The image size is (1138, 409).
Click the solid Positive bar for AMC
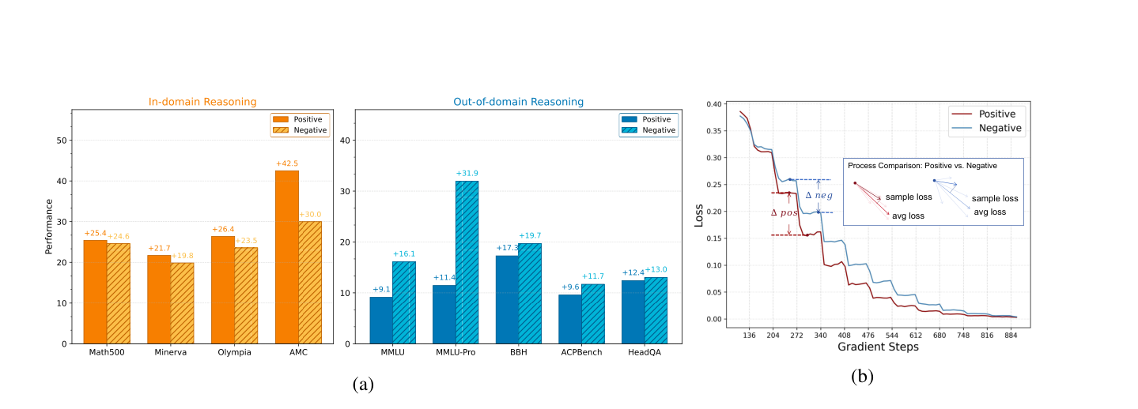pyautogui.click(x=287, y=257)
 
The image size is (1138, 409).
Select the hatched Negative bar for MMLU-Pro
pyautogui.click(x=467, y=262)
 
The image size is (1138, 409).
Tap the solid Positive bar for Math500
pyautogui.click(x=95, y=292)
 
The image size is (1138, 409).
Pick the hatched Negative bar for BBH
pyautogui.click(x=530, y=294)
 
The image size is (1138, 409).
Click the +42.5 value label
pyautogui.click(x=287, y=163)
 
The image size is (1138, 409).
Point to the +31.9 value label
pyautogui.click(x=467, y=174)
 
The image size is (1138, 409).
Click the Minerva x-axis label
pyautogui.click(x=171, y=352)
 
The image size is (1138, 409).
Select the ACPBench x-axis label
pyautogui.click(x=581, y=352)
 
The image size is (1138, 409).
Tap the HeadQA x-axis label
pyautogui.click(x=645, y=352)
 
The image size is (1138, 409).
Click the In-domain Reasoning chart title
pyautogui.click(x=202, y=102)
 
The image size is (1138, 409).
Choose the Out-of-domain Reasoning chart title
pyautogui.click(x=518, y=102)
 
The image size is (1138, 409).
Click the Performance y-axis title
pyautogui.click(x=49, y=227)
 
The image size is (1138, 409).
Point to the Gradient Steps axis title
pyautogui.click(x=878, y=347)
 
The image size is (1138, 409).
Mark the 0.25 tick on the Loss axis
pyautogui.click(x=714, y=185)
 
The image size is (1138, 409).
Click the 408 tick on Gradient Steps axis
pyautogui.click(x=844, y=336)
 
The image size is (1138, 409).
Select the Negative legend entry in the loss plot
pyautogui.click(x=987, y=128)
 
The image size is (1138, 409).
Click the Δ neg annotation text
pyautogui.click(x=819, y=195)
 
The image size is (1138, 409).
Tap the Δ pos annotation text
pyautogui.click(x=784, y=213)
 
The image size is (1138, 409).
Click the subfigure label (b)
pyautogui.click(x=862, y=377)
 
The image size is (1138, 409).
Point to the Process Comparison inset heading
pyautogui.click(x=922, y=166)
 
